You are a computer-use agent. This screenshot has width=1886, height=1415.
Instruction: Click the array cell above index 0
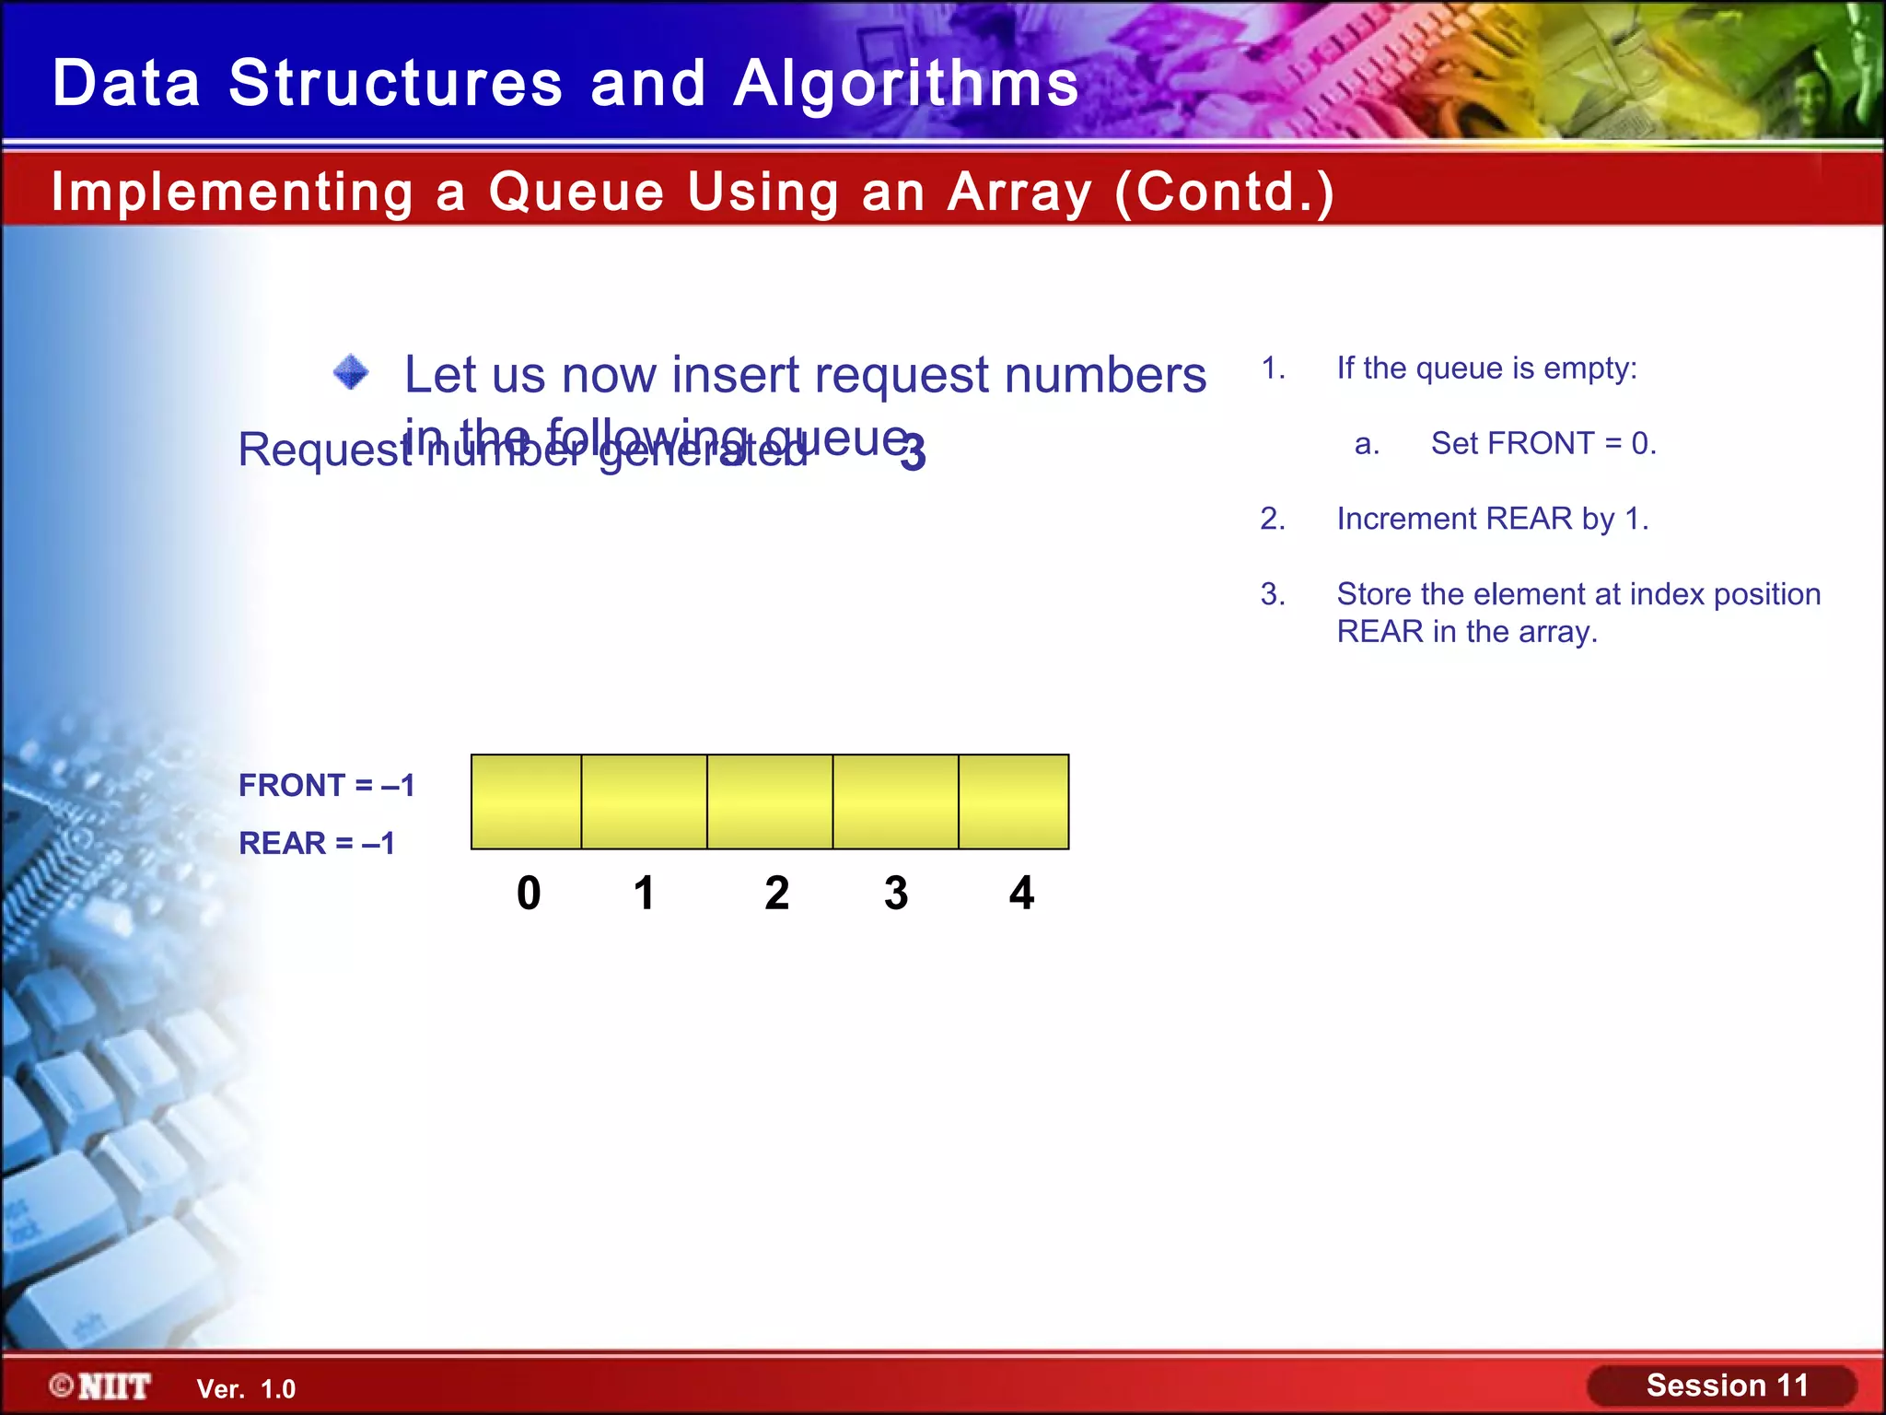point(526,801)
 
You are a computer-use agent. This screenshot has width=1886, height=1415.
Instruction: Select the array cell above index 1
point(644,801)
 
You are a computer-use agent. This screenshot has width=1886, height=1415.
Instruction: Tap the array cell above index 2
point(770,801)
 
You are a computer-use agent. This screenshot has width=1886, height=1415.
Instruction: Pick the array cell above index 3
point(895,801)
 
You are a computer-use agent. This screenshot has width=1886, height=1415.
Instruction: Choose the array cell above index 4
point(1013,801)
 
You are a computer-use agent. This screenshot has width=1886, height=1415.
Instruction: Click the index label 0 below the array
point(529,893)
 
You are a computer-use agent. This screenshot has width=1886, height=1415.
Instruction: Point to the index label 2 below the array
point(776,893)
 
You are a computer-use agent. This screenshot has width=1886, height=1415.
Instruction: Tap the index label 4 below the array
point(1021,893)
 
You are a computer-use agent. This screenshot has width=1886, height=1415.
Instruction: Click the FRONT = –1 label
point(327,786)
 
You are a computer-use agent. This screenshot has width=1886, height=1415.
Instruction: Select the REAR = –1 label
point(317,843)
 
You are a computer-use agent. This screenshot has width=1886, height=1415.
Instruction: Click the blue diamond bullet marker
point(351,373)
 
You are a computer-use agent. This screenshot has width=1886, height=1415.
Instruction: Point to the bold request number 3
point(913,453)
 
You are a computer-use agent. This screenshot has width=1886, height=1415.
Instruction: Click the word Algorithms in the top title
point(906,83)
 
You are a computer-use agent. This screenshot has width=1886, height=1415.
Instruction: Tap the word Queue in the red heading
point(576,192)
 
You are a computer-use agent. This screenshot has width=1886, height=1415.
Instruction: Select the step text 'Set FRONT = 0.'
point(1543,443)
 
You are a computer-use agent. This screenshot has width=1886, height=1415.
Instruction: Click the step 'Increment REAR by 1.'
point(1492,519)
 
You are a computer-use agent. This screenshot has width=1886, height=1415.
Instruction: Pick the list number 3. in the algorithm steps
point(1273,594)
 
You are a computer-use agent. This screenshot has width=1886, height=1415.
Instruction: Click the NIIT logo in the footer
point(101,1386)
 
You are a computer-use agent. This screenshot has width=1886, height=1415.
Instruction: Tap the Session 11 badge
point(1722,1386)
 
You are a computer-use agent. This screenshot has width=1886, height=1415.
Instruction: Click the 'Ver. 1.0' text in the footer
point(246,1389)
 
